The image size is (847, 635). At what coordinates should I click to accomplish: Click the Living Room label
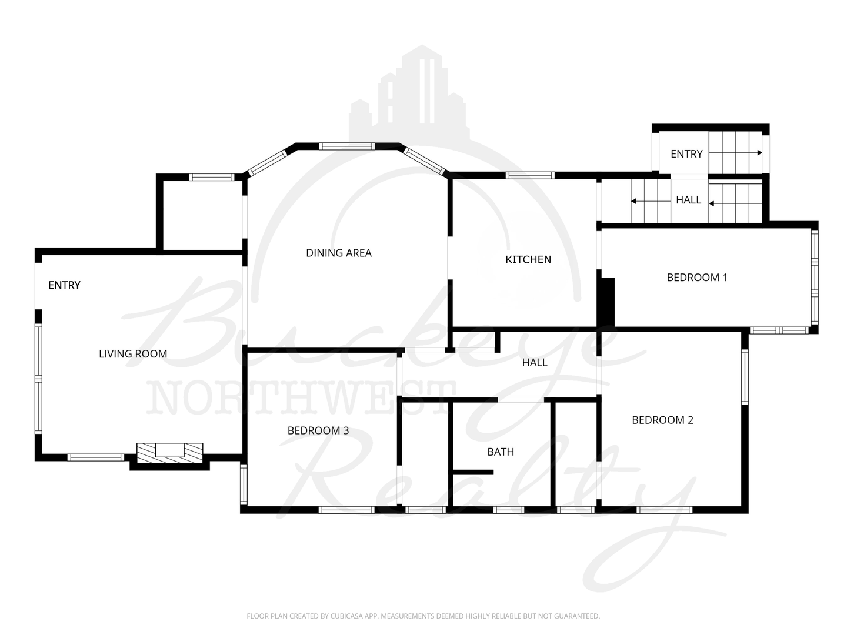[133, 353]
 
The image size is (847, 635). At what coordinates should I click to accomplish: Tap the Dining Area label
[338, 253]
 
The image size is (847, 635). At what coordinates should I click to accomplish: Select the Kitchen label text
[528, 259]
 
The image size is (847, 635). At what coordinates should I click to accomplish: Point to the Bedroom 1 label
[697, 277]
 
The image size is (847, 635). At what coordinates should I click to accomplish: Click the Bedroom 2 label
[662, 420]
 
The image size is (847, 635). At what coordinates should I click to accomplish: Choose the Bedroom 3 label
[318, 430]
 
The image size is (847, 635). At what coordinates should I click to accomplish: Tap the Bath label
[501, 452]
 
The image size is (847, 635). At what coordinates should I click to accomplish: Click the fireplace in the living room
[170, 453]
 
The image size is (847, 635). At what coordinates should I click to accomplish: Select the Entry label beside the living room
[65, 285]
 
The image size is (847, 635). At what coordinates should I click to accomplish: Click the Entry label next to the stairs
[686, 154]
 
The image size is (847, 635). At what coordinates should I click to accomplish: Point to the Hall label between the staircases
[688, 200]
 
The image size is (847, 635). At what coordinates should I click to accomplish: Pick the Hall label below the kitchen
[535, 362]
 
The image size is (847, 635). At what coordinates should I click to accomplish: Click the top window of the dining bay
[347, 146]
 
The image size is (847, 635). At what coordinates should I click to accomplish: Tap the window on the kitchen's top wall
[530, 175]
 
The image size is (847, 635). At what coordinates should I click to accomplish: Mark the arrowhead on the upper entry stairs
[759, 153]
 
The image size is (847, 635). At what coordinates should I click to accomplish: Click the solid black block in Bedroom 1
[606, 302]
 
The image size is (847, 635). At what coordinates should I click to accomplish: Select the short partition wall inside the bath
[473, 472]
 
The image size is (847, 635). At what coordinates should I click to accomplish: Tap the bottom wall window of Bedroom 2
[664, 510]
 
